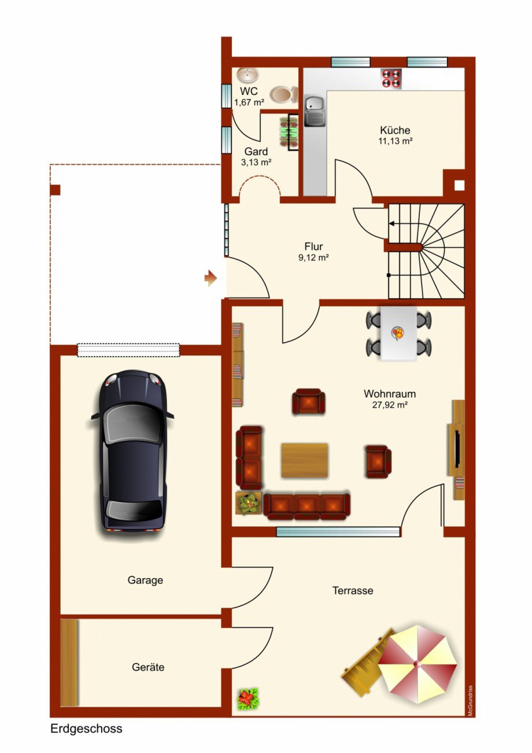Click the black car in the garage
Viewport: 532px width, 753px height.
pyautogui.click(x=132, y=450)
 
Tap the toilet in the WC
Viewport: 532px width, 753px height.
pyautogui.click(x=284, y=94)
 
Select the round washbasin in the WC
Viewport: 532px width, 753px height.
pyautogui.click(x=247, y=75)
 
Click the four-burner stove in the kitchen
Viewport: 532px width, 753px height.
pyautogui.click(x=391, y=79)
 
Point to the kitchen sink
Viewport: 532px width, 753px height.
pyautogui.click(x=315, y=111)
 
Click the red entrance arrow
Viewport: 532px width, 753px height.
pyautogui.click(x=211, y=278)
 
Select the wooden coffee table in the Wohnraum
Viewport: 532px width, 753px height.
pyautogui.click(x=305, y=460)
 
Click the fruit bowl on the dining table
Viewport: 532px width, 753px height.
pyautogui.click(x=398, y=333)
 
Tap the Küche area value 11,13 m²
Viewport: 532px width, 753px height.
pyautogui.click(x=396, y=141)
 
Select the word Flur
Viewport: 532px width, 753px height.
pyautogui.click(x=313, y=247)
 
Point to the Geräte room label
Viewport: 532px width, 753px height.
pyautogui.click(x=148, y=667)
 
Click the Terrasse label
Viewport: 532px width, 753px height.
pyautogui.click(x=353, y=590)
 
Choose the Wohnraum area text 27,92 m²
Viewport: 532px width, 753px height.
pyautogui.click(x=390, y=405)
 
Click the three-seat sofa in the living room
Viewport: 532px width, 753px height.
pyautogui.click(x=306, y=507)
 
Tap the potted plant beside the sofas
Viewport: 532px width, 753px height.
pyautogui.click(x=249, y=503)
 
